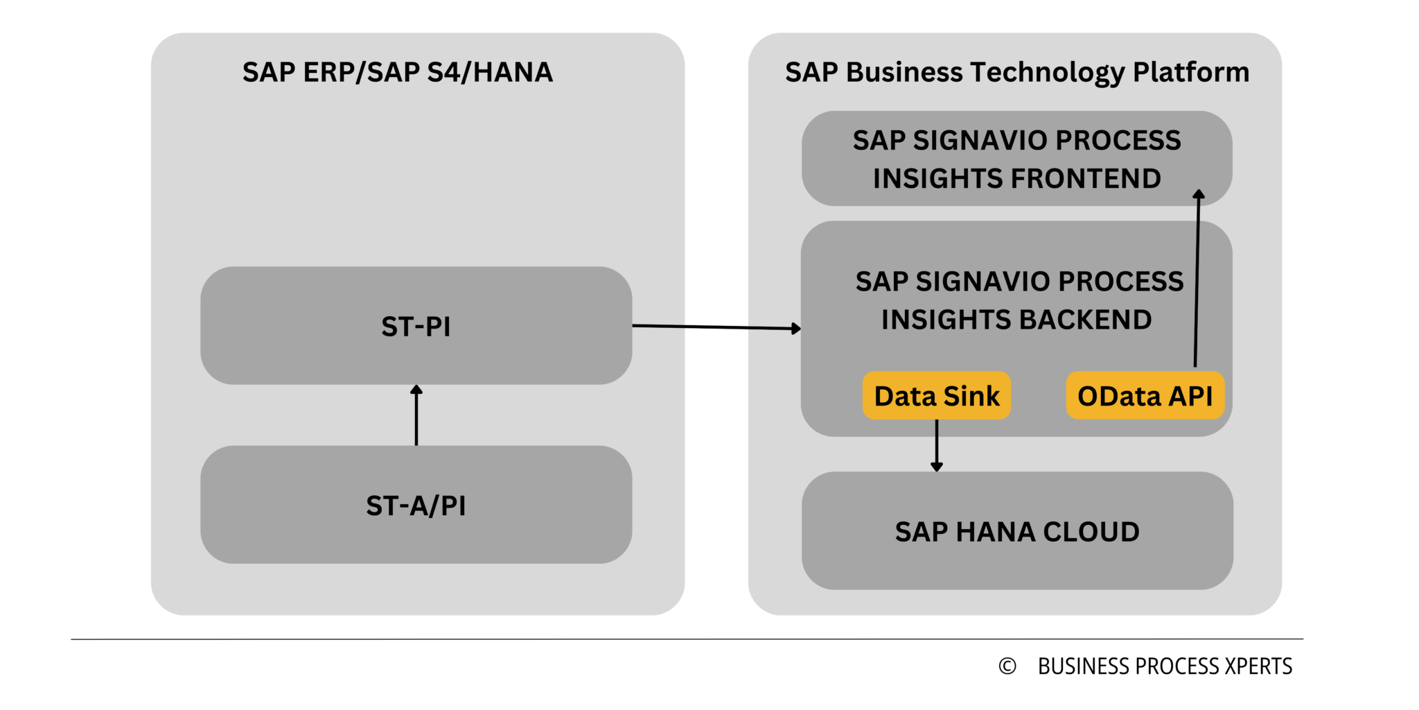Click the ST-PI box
tap(416, 326)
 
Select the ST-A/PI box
tap(416, 505)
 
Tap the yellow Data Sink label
tap(936, 396)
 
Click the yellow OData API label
tap(1145, 396)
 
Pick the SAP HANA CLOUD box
tap(1016, 532)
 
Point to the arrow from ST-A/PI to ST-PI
tap(416, 416)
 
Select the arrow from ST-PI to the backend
tap(717, 327)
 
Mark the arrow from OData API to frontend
tap(1197, 277)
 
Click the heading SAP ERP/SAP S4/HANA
tap(397, 72)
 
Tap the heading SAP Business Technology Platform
tap(1016, 72)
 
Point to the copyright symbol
tap(1007, 666)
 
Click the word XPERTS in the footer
tap(1258, 666)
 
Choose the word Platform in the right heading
tap(1190, 72)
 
